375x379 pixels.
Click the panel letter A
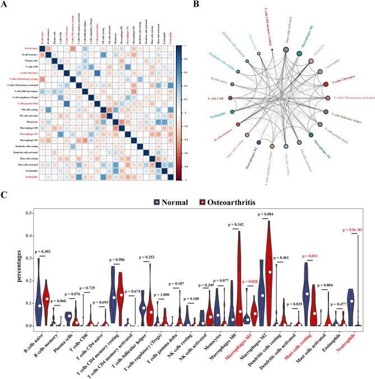click(x=7, y=6)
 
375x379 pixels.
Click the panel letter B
click(x=197, y=6)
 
